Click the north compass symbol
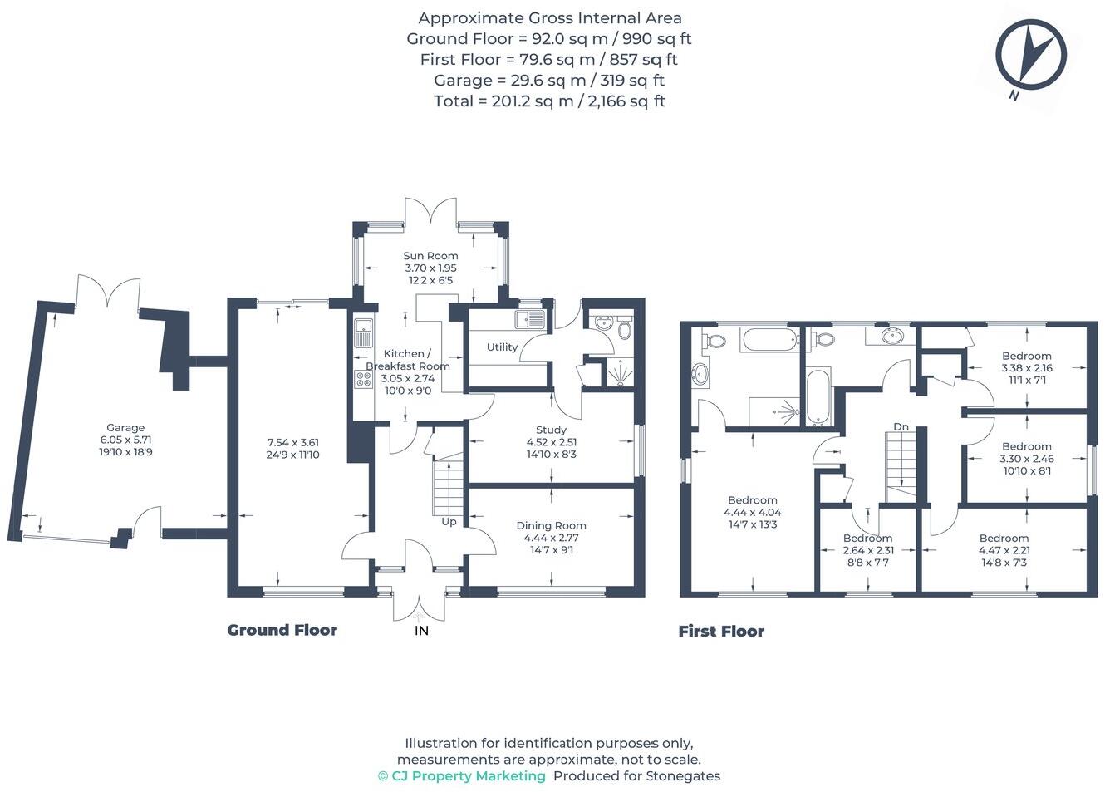click(1030, 56)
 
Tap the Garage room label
click(125, 428)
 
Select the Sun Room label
click(430, 256)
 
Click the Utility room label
click(502, 347)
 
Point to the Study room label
click(551, 430)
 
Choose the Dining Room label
click(551, 525)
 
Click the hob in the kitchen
click(364, 380)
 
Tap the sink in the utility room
click(529, 320)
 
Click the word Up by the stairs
click(449, 522)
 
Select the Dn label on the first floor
click(901, 426)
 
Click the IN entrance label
click(421, 631)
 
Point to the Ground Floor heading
click(282, 630)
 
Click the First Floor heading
click(721, 631)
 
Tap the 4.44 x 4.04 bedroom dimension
click(752, 512)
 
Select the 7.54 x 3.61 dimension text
click(292, 442)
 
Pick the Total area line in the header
click(550, 101)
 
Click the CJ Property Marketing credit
click(462, 776)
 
